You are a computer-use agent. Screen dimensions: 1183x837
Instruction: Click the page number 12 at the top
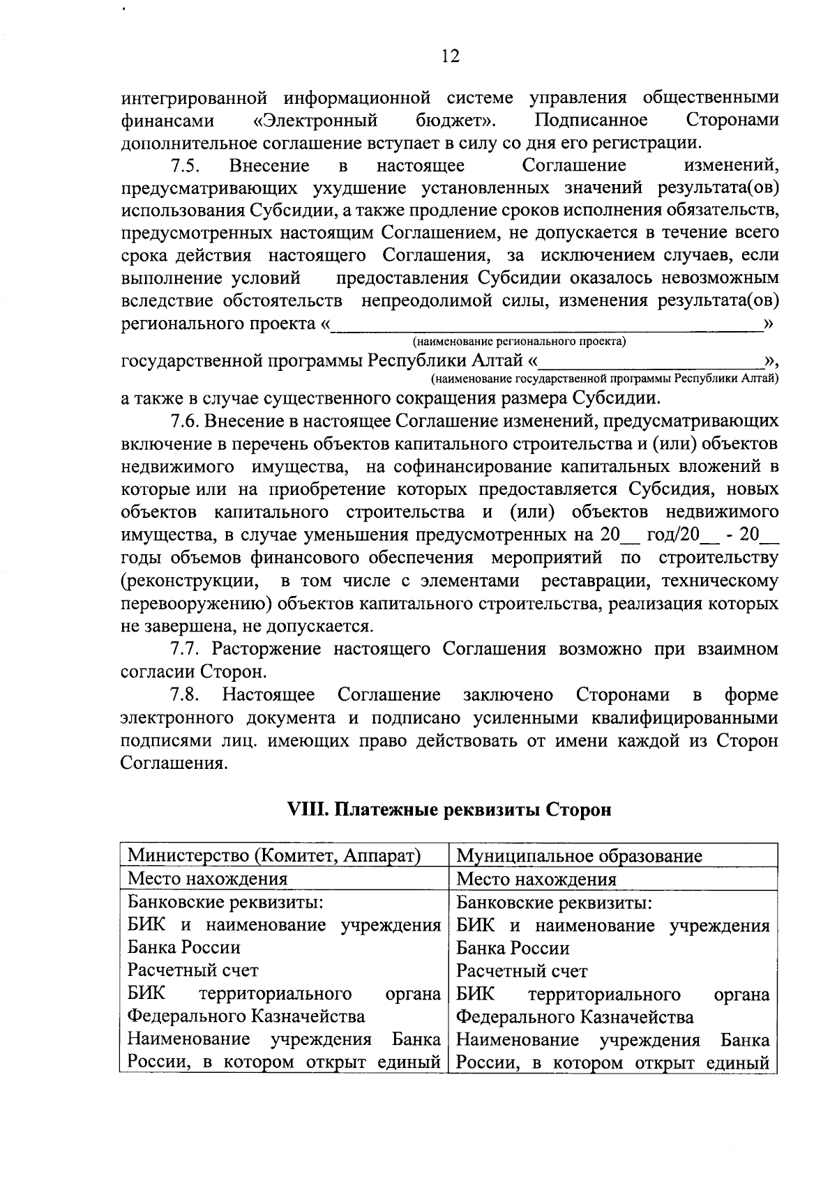point(451,56)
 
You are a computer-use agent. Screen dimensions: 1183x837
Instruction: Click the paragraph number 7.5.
point(186,166)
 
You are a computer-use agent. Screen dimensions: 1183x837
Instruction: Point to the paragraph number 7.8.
point(186,696)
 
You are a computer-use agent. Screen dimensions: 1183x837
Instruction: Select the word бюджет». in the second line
point(455,121)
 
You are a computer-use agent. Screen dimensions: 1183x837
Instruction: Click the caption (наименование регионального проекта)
point(519,342)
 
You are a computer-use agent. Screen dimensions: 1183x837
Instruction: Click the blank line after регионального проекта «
point(548,325)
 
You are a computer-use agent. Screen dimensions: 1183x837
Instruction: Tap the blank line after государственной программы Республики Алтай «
point(652,362)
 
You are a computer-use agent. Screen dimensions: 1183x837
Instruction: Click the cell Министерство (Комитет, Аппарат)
point(273,855)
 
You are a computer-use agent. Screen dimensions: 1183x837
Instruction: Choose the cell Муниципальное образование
point(579,856)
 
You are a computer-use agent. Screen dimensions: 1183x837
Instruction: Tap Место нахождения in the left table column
point(207,879)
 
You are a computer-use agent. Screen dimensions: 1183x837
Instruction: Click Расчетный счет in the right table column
point(522,971)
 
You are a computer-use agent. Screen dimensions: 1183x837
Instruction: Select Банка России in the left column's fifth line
point(184,948)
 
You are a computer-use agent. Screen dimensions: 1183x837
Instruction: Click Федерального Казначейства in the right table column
point(575,1017)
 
